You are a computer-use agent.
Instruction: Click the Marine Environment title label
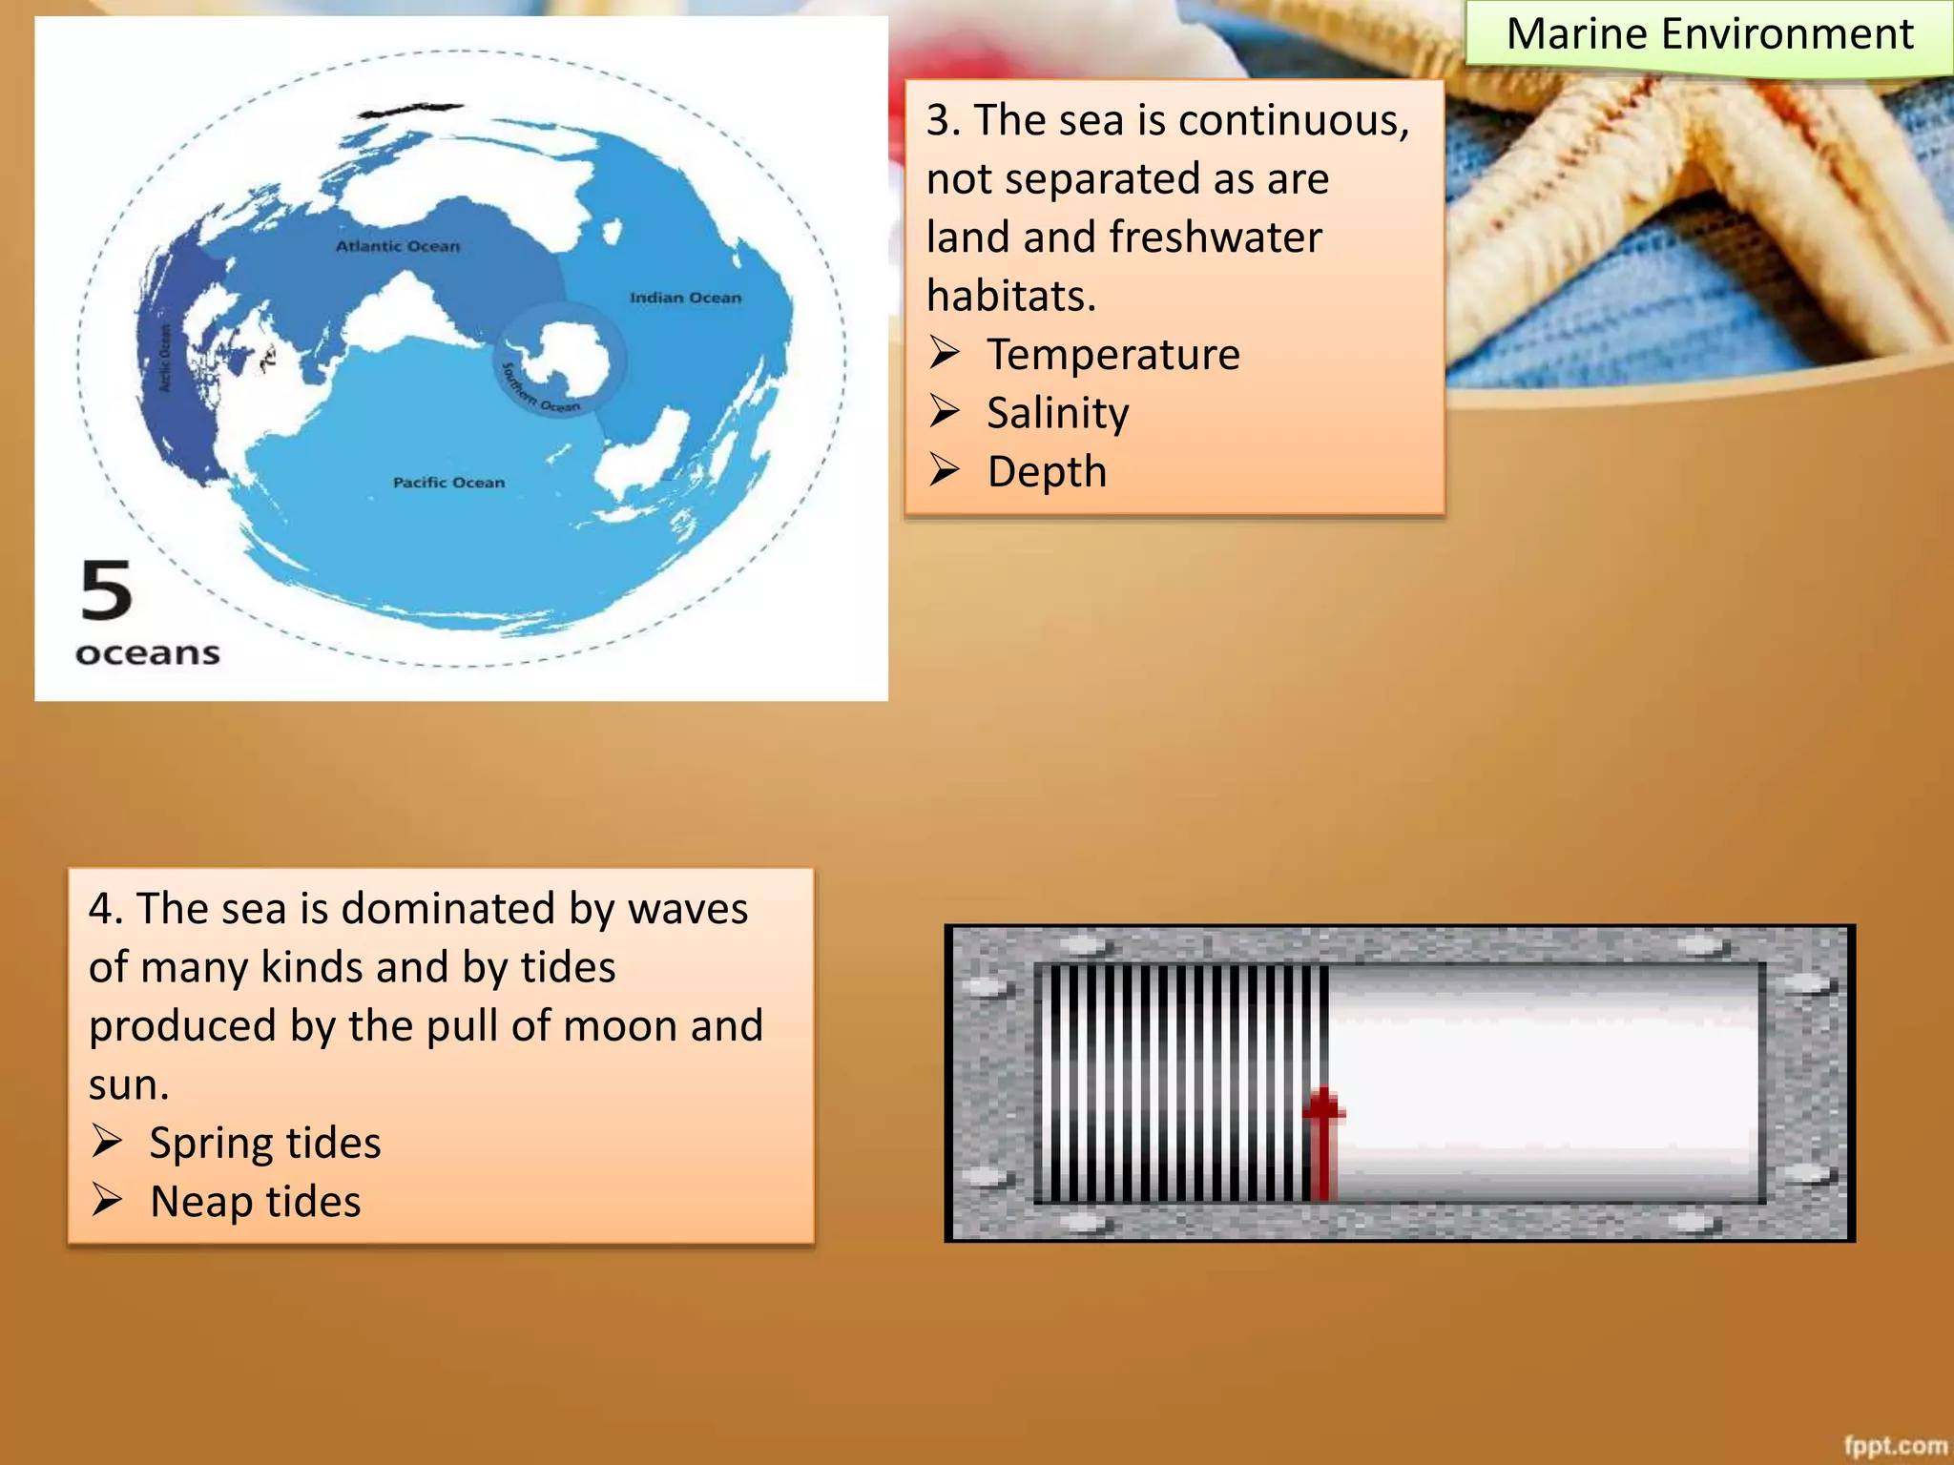(1709, 34)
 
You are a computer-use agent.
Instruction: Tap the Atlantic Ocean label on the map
(398, 246)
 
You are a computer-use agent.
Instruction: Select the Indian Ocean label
(685, 298)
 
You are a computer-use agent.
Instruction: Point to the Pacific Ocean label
(448, 483)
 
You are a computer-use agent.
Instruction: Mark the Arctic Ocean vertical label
(164, 358)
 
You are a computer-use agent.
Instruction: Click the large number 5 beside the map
(107, 590)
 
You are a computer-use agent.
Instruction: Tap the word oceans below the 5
(148, 653)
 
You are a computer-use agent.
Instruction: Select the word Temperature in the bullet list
(1112, 355)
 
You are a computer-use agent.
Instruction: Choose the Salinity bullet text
(1057, 413)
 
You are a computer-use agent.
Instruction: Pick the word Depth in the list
(1047, 472)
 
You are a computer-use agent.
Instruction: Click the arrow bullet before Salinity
(945, 411)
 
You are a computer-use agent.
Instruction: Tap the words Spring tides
(264, 1143)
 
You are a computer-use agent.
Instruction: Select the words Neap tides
(255, 1202)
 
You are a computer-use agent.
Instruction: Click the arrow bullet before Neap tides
(107, 1200)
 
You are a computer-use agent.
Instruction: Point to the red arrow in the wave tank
(1322, 1140)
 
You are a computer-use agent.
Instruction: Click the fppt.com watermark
(1894, 1445)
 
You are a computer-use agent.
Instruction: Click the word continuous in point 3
(1293, 121)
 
